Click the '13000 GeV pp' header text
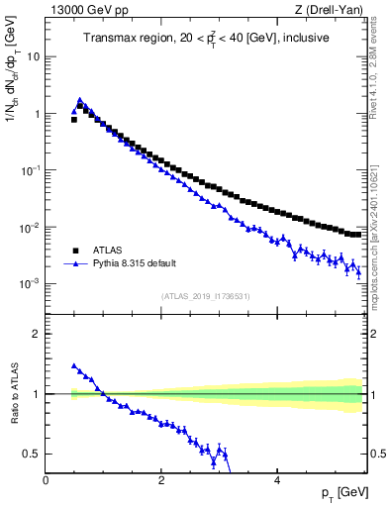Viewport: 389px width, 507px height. tap(83, 10)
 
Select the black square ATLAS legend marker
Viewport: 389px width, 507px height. tap(75, 251)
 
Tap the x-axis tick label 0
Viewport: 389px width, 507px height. tap(47, 479)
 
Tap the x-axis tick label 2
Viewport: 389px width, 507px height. tap(161, 479)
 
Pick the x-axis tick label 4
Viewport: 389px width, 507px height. tap(276, 479)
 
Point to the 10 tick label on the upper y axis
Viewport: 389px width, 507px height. tap(33, 56)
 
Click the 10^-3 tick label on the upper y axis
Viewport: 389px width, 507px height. tap(29, 284)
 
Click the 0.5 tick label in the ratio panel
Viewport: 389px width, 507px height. tap(31, 454)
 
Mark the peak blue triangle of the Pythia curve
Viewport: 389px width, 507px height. tap(80, 100)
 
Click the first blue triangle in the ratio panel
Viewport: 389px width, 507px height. tap(74, 365)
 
